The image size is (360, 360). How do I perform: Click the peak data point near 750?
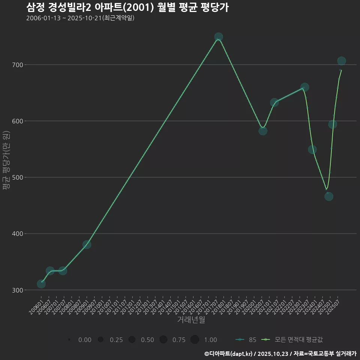point(219,37)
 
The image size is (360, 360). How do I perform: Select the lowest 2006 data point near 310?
point(41,284)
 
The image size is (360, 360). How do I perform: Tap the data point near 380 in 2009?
point(87,244)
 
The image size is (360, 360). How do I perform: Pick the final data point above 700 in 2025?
point(341,61)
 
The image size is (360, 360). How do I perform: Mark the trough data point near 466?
point(328,196)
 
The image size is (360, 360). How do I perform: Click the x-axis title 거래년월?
point(191,320)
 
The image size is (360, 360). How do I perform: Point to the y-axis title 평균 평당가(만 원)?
point(5,160)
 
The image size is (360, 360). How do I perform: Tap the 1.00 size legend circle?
point(195,340)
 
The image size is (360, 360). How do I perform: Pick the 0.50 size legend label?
point(147,340)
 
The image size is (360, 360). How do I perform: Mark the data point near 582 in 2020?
point(263,131)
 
